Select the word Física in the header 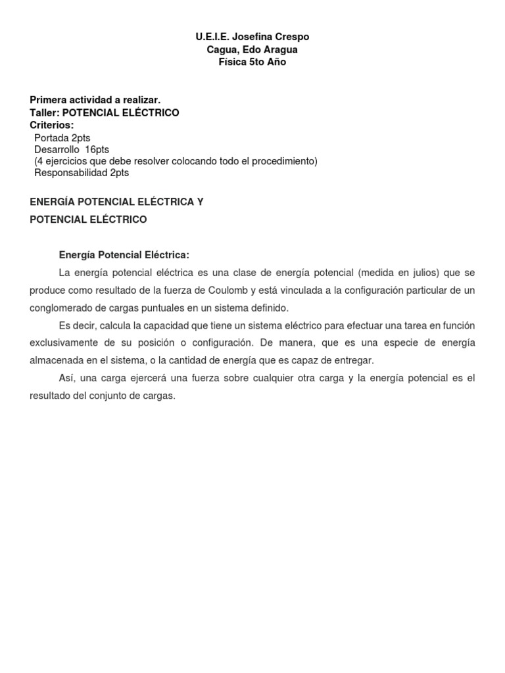(x=233, y=62)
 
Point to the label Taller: (x=44, y=112)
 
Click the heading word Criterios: (x=52, y=125)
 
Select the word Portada (x=51, y=137)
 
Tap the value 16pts (x=97, y=150)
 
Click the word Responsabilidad (x=71, y=174)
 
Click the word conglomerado (x=60, y=308)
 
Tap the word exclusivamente (x=63, y=343)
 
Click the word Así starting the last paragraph (x=68, y=379)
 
